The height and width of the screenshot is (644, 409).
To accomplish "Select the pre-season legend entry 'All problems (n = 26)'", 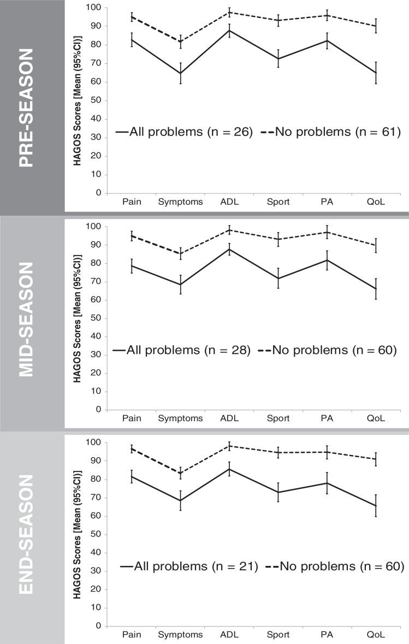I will coord(184,132).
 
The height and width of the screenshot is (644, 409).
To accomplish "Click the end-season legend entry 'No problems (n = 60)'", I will coord(334,567).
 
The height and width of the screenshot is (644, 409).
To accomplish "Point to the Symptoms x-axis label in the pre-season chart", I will coord(180,202).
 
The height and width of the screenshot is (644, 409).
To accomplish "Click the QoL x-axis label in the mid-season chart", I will coord(376,418).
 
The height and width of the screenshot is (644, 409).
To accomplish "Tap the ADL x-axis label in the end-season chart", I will coord(228,635).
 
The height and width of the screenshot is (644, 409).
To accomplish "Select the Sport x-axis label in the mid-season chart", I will coord(278,418).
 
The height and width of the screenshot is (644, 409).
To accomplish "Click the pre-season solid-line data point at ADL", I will coord(229,30).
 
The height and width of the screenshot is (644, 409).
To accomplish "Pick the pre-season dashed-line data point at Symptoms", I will coord(180,42).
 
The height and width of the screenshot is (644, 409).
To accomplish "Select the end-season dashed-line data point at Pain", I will coord(131,448).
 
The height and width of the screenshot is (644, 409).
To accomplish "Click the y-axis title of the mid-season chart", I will coord(78,318).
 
